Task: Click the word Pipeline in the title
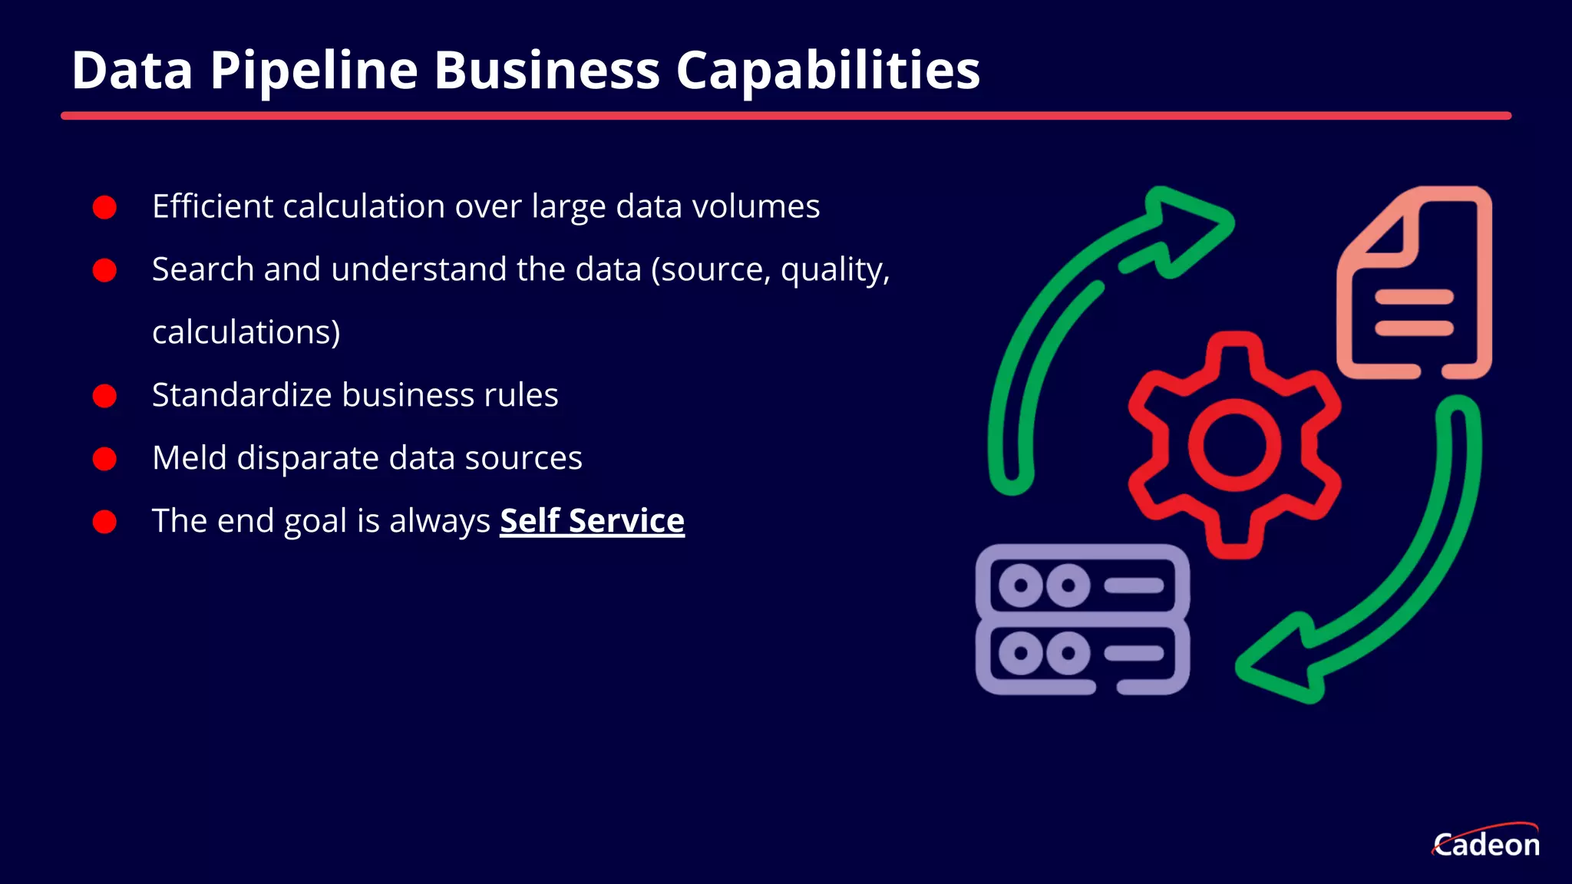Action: tap(314, 71)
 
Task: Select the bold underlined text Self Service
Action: tap(592, 520)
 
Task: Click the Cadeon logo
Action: tap(1486, 843)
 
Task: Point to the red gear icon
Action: tap(1234, 445)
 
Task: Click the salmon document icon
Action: tap(1415, 282)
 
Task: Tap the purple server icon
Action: tap(1082, 619)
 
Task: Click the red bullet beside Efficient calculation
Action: tap(104, 207)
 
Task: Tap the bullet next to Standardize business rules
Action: tap(104, 396)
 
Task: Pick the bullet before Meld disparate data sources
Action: tap(104, 459)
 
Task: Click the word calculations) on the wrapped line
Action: tap(246, 332)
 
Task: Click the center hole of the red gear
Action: tap(1234, 445)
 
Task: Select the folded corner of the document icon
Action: tap(1385, 233)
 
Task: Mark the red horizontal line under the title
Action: tap(786, 116)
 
